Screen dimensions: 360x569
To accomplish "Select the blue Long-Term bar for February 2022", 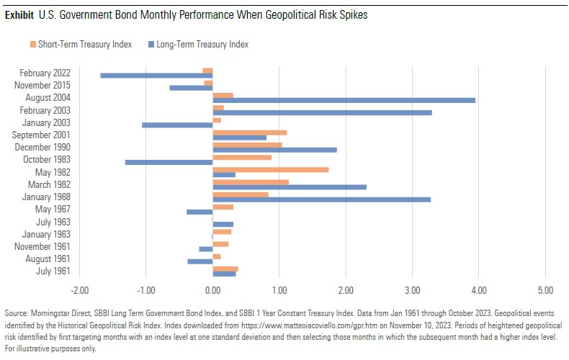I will (x=156, y=75).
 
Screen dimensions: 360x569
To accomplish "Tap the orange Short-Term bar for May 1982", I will (x=270, y=169).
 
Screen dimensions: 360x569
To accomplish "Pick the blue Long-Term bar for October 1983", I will (x=169, y=162).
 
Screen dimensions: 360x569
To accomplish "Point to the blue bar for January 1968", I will (x=321, y=199).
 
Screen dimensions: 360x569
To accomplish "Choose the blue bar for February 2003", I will (x=322, y=113).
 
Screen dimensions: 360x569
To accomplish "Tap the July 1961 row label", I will (x=53, y=271).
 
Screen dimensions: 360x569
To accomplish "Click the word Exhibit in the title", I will (x=19, y=14).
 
